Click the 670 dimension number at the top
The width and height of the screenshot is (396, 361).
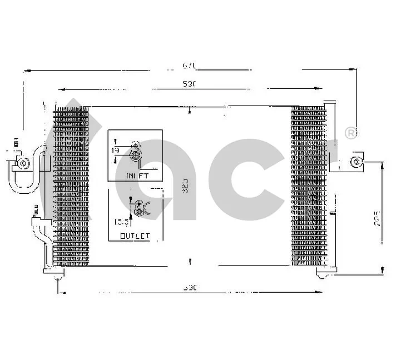pos(190,66)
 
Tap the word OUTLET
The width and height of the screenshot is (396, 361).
pos(135,236)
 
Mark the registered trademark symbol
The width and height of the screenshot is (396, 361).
pos(350,133)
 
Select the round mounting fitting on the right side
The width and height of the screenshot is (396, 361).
pos(356,162)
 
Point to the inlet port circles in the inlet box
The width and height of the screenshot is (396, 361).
pos(135,151)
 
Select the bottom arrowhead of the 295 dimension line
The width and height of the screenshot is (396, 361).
pos(382,270)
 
